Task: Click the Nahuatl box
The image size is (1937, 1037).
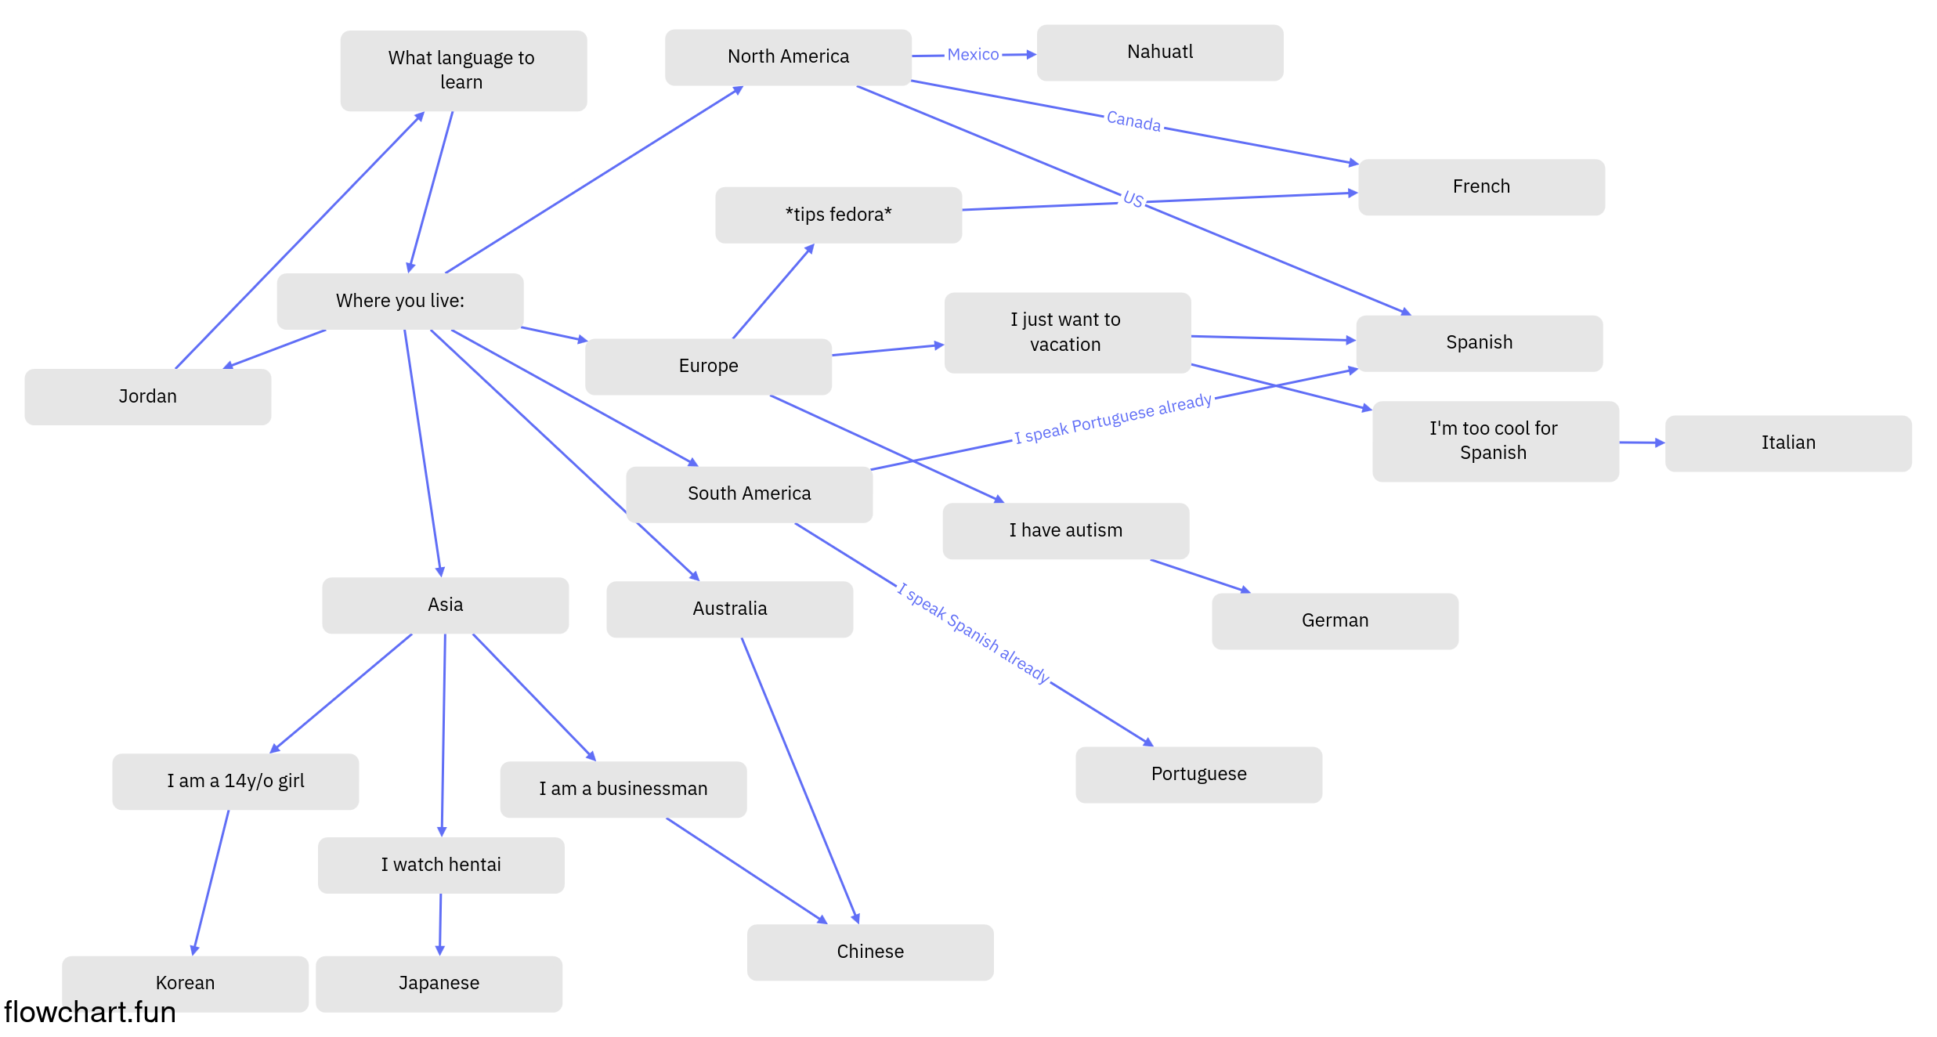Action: (x=1160, y=52)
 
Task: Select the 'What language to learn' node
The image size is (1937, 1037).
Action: (x=464, y=70)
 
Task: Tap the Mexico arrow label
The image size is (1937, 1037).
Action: (x=973, y=54)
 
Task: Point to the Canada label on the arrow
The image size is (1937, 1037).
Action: (x=1133, y=121)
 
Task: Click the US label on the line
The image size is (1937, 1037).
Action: (x=1133, y=199)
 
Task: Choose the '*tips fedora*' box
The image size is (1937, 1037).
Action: (x=839, y=215)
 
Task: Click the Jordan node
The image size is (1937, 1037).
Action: (x=148, y=397)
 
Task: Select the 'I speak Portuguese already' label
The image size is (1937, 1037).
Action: (x=1113, y=418)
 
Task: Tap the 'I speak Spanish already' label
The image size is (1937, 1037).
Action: (x=974, y=633)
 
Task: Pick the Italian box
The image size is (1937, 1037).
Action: (x=1788, y=443)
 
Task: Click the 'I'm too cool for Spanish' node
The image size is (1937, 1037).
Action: (x=1496, y=441)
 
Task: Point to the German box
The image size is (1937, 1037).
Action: (x=1335, y=621)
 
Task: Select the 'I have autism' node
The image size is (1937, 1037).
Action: (x=1066, y=531)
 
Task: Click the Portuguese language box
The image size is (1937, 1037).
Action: (x=1199, y=775)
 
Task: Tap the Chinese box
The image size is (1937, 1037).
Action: (x=870, y=952)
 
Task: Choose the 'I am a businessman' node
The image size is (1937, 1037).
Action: (x=623, y=789)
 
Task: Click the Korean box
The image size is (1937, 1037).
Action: (x=186, y=984)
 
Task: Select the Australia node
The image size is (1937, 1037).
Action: (x=730, y=609)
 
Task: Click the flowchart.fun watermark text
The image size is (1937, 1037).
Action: (x=90, y=1012)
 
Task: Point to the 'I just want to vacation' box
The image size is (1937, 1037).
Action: (x=1068, y=333)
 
